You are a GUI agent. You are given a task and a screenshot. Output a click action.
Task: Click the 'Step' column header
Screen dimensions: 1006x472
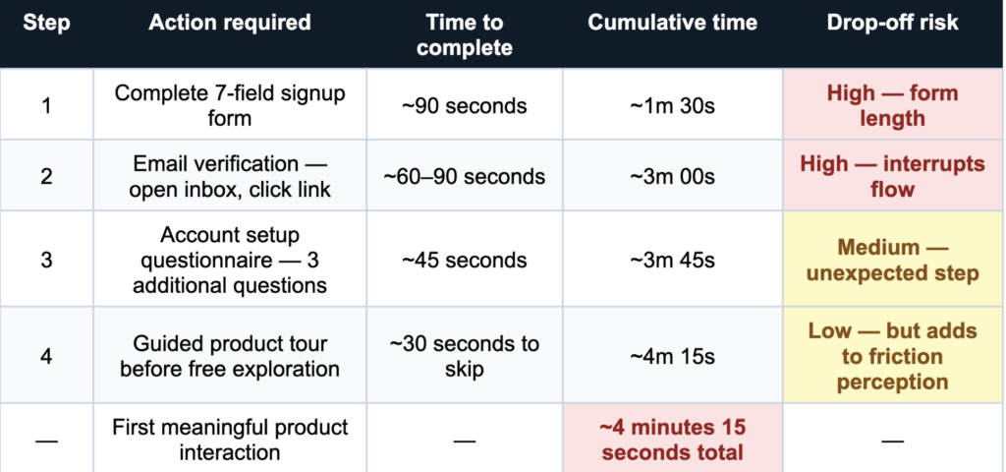tap(46, 24)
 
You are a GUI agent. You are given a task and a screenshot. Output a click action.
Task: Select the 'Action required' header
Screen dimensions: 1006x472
tap(230, 24)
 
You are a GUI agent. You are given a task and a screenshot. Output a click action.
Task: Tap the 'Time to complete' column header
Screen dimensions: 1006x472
tap(465, 34)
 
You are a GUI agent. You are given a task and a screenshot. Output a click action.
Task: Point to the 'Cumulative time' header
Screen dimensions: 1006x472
tap(672, 24)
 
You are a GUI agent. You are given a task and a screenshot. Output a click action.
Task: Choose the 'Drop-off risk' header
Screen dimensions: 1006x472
tap(892, 24)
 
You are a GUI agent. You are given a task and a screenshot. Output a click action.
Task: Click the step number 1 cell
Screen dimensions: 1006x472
tap(46, 105)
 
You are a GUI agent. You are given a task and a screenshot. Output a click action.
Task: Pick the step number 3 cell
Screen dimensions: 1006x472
tap(46, 260)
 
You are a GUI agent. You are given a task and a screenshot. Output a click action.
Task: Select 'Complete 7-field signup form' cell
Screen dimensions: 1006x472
tap(230, 105)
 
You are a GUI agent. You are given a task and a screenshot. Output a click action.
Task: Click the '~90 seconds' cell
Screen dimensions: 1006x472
tap(465, 105)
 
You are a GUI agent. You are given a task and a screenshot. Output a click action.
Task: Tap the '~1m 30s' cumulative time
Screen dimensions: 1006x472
tap(672, 105)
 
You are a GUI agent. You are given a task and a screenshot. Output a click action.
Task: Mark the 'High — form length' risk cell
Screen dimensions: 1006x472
tap(892, 105)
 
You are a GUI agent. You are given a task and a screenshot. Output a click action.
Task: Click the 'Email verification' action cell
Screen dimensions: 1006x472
tap(230, 176)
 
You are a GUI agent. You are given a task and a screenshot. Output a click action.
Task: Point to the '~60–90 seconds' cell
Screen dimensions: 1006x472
tap(465, 176)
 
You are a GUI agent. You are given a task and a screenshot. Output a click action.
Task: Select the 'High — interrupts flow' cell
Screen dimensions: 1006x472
tap(892, 176)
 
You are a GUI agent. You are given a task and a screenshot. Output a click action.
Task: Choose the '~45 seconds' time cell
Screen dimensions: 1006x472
tap(465, 260)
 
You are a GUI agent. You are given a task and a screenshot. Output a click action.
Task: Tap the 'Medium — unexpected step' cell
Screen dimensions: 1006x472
tap(892, 260)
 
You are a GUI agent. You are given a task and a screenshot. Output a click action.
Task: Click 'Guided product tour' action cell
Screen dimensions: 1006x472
tap(230, 356)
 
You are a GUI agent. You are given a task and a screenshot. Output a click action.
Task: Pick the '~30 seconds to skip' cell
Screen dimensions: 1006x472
tap(465, 356)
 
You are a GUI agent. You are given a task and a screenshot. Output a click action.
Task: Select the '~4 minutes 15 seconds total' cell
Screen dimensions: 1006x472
tap(672, 440)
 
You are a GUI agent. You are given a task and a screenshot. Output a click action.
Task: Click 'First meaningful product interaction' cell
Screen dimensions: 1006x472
tap(230, 440)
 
